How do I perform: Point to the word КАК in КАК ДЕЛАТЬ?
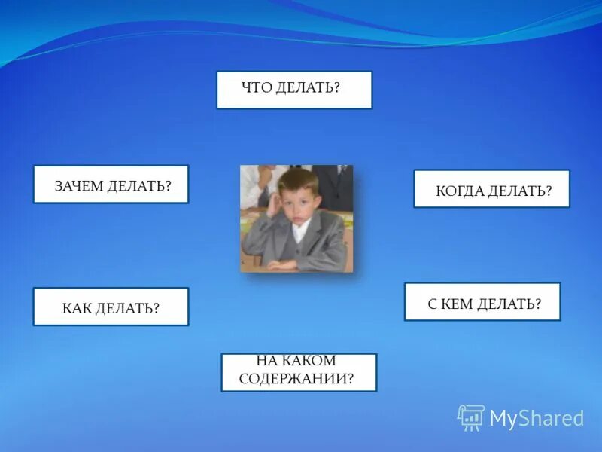tap(77, 308)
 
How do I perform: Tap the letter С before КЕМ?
tap(432, 304)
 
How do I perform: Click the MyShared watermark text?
tap(537, 418)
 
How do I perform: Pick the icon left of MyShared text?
tap(471, 417)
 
